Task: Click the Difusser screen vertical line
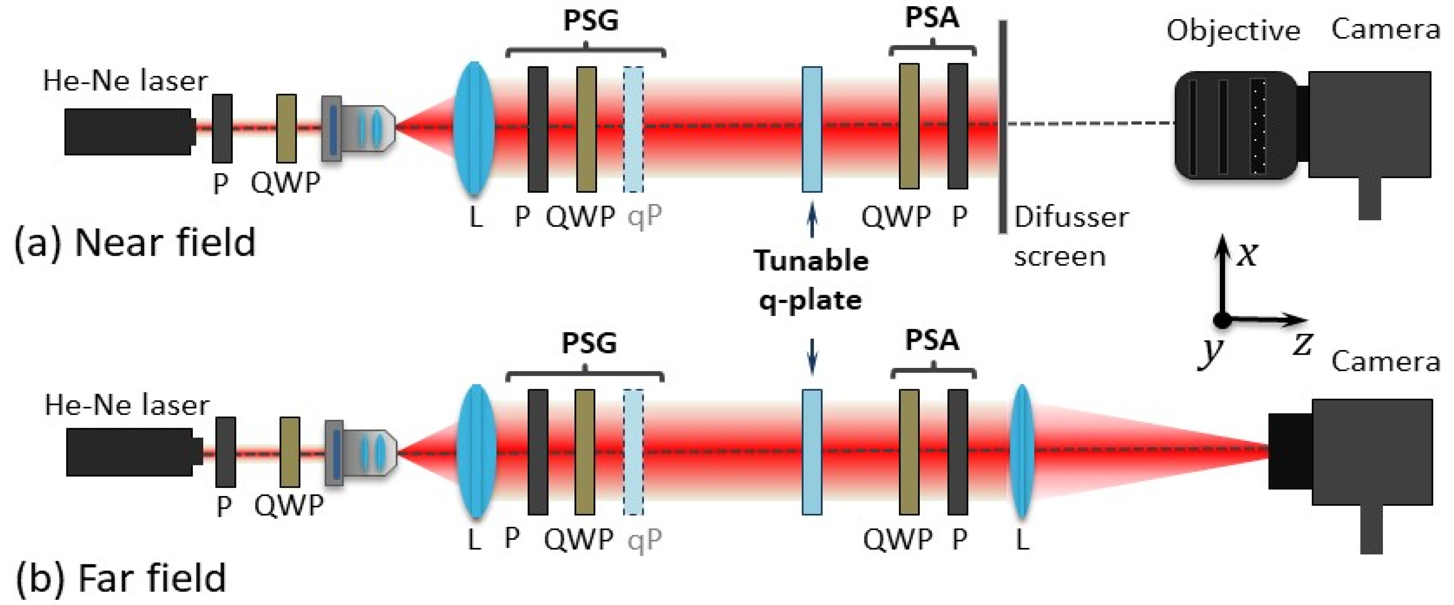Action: [1003, 127]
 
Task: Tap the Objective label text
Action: [1233, 31]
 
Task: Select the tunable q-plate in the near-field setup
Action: [812, 129]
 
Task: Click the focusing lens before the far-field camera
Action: [1022, 452]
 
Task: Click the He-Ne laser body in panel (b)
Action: [130, 452]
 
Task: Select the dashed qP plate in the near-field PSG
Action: [633, 129]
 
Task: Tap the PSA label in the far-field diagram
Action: [932, 340]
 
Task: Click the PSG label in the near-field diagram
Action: [591, 20]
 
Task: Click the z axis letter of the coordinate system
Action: [1302, 343]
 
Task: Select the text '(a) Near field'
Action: [134, 243]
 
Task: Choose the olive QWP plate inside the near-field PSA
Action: [909, 126]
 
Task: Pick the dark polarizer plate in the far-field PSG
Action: [537, 452]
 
